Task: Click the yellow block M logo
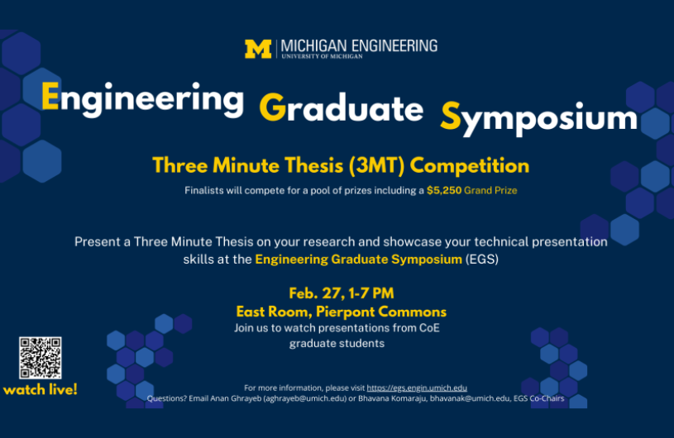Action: [258, 49]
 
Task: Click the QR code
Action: [40, 358]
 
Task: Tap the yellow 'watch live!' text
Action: [40, 389]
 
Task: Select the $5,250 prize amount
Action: [443, 190]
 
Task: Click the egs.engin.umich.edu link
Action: [417, 388]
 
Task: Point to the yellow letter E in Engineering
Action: [50, 96]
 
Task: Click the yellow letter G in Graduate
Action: [273, 107]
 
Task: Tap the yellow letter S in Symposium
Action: [451, 116]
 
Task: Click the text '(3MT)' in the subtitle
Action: [376, 166]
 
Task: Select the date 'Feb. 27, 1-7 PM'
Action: [342, 293]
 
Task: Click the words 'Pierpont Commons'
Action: [381, 312]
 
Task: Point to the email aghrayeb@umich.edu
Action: [305, 398]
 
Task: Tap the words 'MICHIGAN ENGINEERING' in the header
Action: [359, 45]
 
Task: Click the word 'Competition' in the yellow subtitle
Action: [470, 166]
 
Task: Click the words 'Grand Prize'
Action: [490, 190]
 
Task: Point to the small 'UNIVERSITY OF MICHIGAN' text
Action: [322, 56]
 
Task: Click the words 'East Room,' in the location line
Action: [275, 312]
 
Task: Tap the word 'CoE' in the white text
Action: [429, 328]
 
